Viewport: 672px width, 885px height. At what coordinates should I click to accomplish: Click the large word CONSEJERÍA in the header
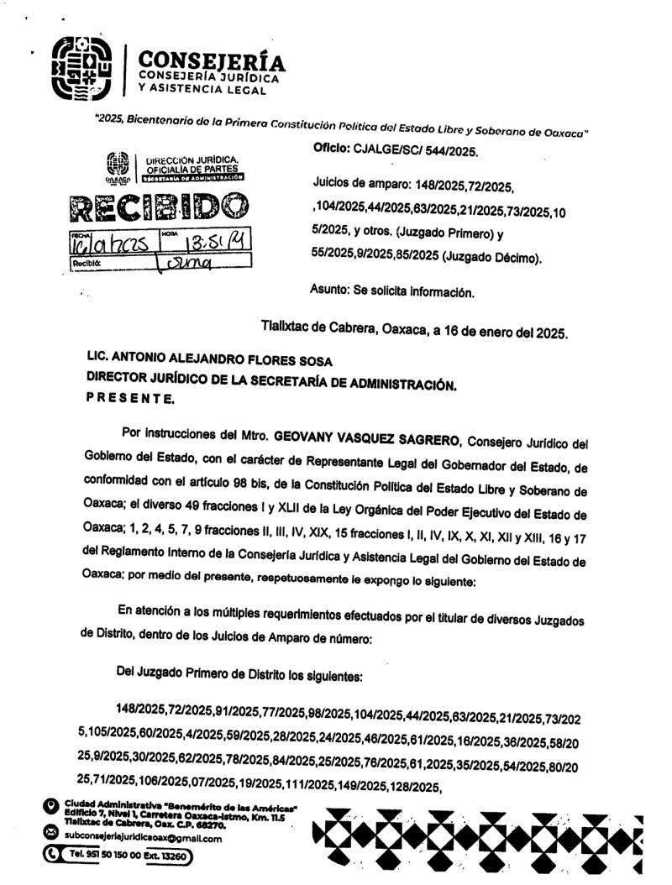(212, 61)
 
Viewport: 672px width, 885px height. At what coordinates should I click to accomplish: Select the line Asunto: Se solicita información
(392, 292)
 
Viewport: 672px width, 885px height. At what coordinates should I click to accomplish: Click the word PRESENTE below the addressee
(131, 399)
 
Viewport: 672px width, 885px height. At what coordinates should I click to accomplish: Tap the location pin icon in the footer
(50, 808)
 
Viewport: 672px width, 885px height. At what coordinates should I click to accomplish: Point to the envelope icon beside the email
(50, 834)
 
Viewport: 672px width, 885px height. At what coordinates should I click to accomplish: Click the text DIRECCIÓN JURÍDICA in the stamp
(192, 159)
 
